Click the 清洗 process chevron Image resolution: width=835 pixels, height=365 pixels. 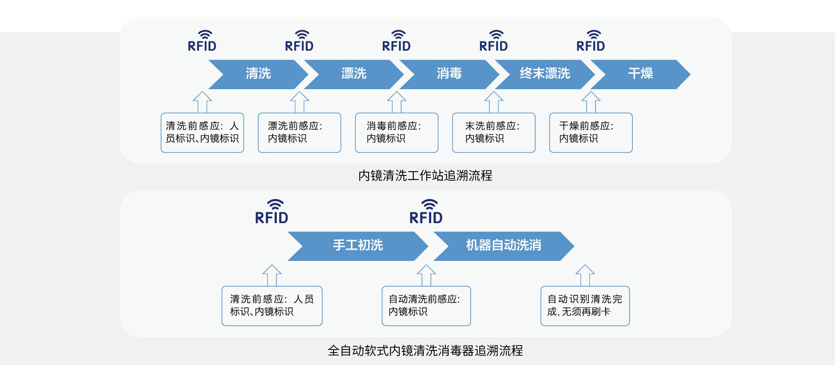click(258, 74)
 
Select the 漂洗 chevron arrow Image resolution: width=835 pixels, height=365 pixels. click(354, 74)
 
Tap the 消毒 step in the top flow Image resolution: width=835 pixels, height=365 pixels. click(449, 74)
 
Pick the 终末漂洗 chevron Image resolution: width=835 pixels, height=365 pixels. click(544, 74)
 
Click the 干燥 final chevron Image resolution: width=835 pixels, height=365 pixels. click(640, 74)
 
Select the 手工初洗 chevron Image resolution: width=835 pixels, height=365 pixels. click(357, 246)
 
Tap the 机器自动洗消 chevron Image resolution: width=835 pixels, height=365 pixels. click(503, 246)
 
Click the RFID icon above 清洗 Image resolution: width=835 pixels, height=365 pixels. click(202, 41)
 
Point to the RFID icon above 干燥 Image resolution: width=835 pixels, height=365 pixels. click(591, 41)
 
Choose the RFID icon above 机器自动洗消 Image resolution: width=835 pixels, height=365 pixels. click(426, 212)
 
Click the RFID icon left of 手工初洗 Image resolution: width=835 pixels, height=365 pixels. click(271, 212)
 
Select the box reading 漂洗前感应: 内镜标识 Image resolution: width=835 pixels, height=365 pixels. click(299, 133)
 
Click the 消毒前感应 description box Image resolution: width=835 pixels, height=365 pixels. click(396, 133)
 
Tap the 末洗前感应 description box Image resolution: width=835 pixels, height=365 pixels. click(493, 133)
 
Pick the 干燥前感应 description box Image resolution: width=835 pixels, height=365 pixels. click(591, 133)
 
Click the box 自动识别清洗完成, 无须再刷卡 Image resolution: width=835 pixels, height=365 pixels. click(585, 306)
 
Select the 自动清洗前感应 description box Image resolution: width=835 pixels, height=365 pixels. click(426, 306)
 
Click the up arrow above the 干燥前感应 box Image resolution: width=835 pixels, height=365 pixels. click(591, 102)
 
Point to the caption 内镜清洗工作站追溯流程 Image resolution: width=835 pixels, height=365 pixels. click(425, 176)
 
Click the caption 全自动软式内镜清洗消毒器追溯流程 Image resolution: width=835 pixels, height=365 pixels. click(425, 351)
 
